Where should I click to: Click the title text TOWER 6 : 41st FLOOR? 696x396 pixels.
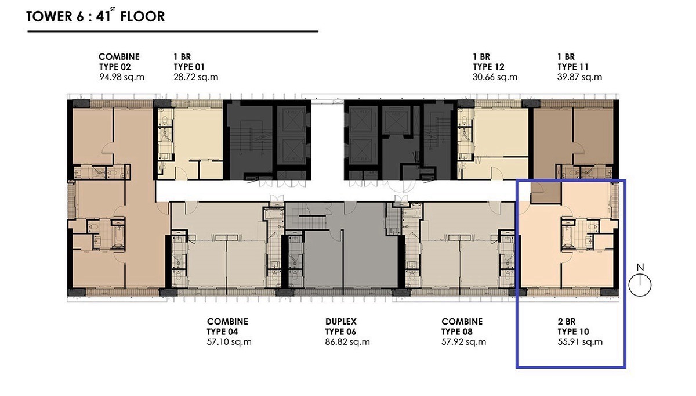pyautogui.click(x=95, y=16)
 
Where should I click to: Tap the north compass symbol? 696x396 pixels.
pyautogui.click(x=640, y=285)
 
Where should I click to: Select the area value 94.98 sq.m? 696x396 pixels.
pyautogui.click(x=122, y=77)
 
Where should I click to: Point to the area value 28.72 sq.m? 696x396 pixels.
pyautogui.click(x=196, y=77)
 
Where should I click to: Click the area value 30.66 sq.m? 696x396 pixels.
pyautogui.click(x=495, y=77)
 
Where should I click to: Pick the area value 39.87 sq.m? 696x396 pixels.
pyautogui.click(x=579, y=77)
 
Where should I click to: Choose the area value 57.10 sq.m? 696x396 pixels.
pyautogui.click(x=229, y=342)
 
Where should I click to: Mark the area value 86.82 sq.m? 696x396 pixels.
pyautogui.click(x=347, y=342)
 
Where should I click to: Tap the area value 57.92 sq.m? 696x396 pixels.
pyautogui.click(x=463, y=342)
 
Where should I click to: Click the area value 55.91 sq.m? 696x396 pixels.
pyautogui.click(x=580, y=342)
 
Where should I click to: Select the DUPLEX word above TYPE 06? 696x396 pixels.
pyautogui.click(x=341, y=321)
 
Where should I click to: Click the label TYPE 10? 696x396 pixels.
pyautogui.click(x=573, y=332)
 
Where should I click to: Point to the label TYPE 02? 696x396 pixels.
pyautogui.click(x=115, y=67)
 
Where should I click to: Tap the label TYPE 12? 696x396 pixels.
pyautogui.click(x=488, y=67)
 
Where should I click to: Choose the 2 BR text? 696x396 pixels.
pyautogui.click(x=567, y=321)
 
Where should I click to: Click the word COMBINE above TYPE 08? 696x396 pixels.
pyautogui.click(x=462, y=321)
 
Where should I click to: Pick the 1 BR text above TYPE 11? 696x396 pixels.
pyautogui.click(x=566, y=57)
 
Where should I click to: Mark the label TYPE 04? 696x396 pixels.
pyautogui.click(x=223, y=332)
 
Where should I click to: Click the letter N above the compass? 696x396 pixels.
pyautogui.click(x=640, y=267)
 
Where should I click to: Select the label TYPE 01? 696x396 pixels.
pyautogui.click(x=189, y=67)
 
